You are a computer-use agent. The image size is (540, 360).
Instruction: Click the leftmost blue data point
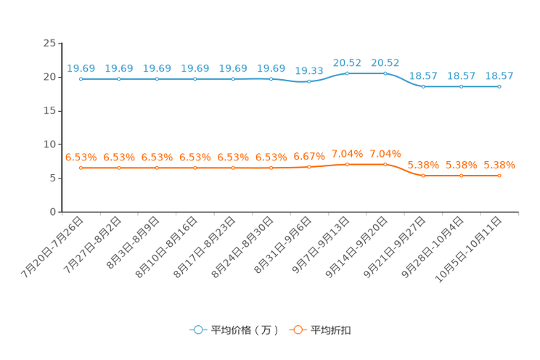point(81,78)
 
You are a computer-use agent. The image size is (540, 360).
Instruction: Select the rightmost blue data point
point(499,86)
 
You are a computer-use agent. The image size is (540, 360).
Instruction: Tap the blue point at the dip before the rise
point(309,81)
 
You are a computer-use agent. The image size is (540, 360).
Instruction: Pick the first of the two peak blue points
point(347,73)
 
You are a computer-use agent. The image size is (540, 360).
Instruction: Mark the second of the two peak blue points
point(385,73)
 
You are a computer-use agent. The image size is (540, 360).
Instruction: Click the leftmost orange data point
point(81,168)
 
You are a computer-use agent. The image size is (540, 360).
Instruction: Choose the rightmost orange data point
point(499,176)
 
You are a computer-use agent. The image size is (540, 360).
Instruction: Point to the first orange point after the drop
point(423,176)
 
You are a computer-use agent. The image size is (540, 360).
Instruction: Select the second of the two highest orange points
point(385,164)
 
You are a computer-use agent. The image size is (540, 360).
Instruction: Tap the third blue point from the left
point(157,78)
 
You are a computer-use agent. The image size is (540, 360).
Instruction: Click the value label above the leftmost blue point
point(81,68)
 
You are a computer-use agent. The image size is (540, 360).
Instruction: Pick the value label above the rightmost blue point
point(499,76)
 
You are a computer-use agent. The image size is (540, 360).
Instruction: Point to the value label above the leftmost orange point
point(81,157)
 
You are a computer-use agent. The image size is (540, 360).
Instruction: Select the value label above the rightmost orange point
point(499,165)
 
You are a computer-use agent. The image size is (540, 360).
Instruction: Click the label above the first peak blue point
point(347,62)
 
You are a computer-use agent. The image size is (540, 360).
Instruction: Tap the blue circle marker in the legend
point(197,330)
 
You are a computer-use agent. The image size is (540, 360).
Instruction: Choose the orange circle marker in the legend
point(298,330)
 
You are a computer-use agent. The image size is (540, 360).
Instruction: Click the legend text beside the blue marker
point(245,330)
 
